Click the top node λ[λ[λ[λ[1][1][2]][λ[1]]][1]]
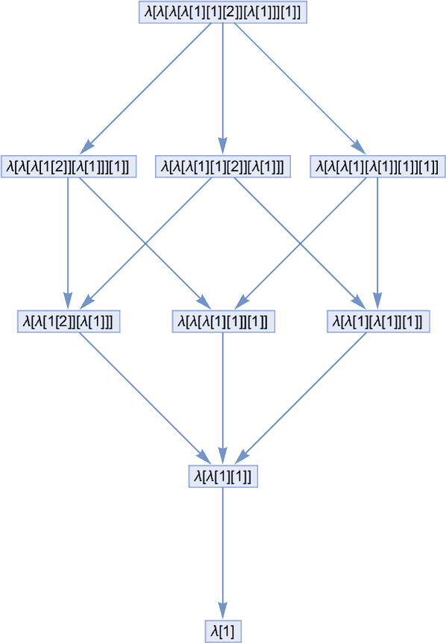click(222, 12)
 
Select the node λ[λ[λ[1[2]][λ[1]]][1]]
click(69, 166)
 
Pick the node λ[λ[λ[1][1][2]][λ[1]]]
click(222, 166)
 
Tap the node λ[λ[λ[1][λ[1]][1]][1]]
click(377, 166)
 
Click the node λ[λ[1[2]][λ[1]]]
click(69, 321)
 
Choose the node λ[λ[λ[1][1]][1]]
click(223, 321)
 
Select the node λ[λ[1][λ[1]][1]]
click(378, 321)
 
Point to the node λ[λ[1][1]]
click(223, 476)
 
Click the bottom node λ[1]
click(223, 631)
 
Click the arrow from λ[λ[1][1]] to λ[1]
click(222, 553)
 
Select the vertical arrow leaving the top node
click(222, 89)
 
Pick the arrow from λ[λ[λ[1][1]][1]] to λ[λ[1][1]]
click(222, 398)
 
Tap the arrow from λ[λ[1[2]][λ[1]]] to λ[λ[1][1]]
click(145, 398)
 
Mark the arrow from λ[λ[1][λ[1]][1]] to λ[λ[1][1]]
click(301, 398)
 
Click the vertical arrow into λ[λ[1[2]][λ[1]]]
click(68, 243)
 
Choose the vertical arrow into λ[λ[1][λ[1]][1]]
click(377, 243)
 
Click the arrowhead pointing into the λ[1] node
click(222, 611)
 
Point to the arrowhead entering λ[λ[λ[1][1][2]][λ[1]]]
click(222, 146)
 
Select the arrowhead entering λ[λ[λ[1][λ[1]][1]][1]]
click(359, 147)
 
